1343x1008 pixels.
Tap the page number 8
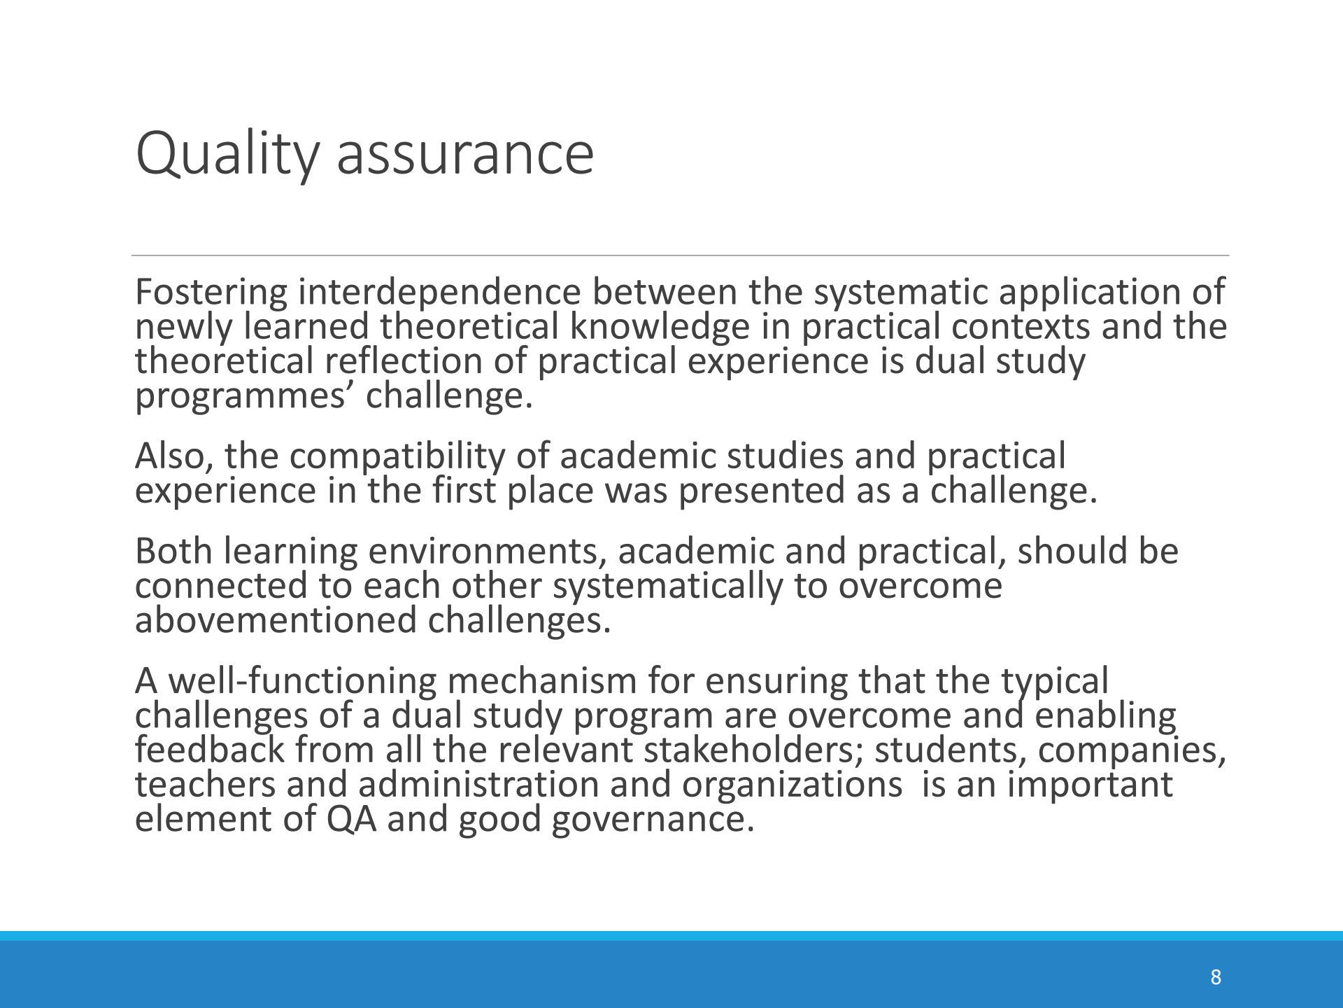coord(1216,977)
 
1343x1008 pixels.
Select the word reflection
coord(404,361)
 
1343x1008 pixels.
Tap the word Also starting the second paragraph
coord(174,456)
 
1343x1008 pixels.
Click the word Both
coord(173,551)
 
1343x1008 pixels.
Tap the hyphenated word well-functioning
coord(303,682)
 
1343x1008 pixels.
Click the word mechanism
coord(542,680)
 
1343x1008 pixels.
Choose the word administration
coord(478,785)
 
